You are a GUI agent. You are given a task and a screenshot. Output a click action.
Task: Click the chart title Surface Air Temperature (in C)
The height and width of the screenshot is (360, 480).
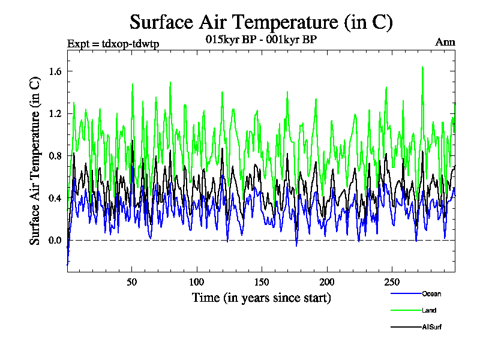coord(261,22)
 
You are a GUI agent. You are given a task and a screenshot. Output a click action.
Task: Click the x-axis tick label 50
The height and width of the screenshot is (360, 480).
coord(132,282)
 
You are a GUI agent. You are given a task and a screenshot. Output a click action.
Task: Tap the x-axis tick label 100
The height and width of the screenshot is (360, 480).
coord(197,282)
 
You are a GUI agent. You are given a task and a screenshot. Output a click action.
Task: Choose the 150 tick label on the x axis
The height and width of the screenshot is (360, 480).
coord(262,282)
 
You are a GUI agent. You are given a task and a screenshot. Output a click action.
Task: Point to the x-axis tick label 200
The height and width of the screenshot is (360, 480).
coord(326,282)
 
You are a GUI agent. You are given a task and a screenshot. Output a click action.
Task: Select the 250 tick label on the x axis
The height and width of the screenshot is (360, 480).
coord(391,282)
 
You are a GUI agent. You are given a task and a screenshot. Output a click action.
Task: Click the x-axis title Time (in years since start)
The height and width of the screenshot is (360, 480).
coord(261,298)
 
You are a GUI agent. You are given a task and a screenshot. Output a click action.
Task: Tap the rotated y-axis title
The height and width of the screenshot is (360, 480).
coord(36,162)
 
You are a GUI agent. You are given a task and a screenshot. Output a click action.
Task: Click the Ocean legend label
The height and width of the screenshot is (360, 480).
coord(431,293)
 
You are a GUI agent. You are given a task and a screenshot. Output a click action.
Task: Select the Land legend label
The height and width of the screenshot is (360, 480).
coord(428,310)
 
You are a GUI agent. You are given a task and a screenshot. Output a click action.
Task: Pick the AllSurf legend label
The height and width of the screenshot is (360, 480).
coord(432,327)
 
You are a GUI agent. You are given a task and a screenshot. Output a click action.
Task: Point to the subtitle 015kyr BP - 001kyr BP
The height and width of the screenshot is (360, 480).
coord(261,40)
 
